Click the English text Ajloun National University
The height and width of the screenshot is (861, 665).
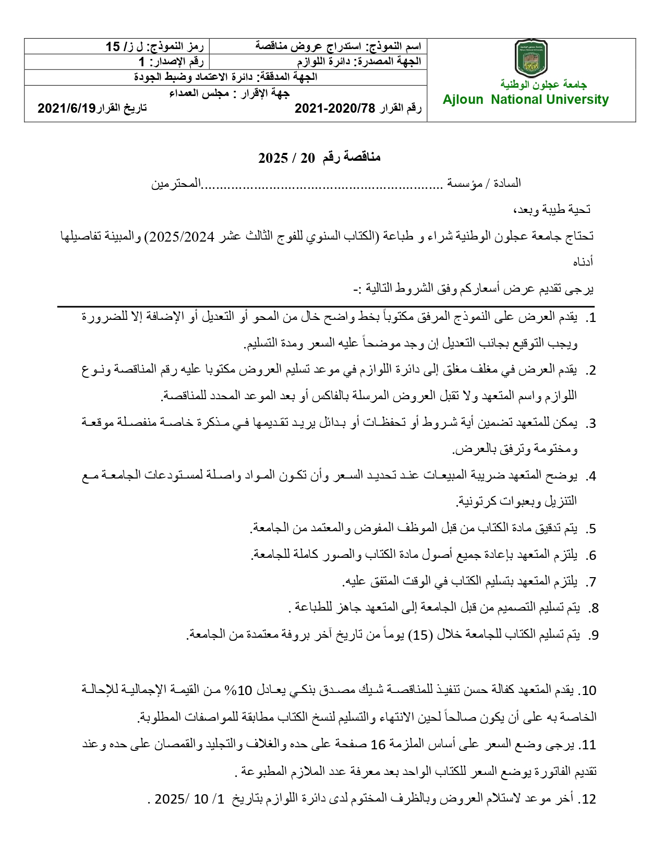click(x=525, y=100)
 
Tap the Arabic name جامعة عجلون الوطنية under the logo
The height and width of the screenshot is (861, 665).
click(x=543, y=84)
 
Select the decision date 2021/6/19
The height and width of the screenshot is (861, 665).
click(x=67, y=108)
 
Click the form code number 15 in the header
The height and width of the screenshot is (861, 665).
click(x=113, y=46)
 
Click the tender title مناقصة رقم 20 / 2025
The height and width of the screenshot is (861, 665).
click(x=319, y=157)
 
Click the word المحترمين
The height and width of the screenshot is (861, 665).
click(x=176, y=184)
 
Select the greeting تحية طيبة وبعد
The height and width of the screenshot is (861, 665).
click(x=552, y=210)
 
